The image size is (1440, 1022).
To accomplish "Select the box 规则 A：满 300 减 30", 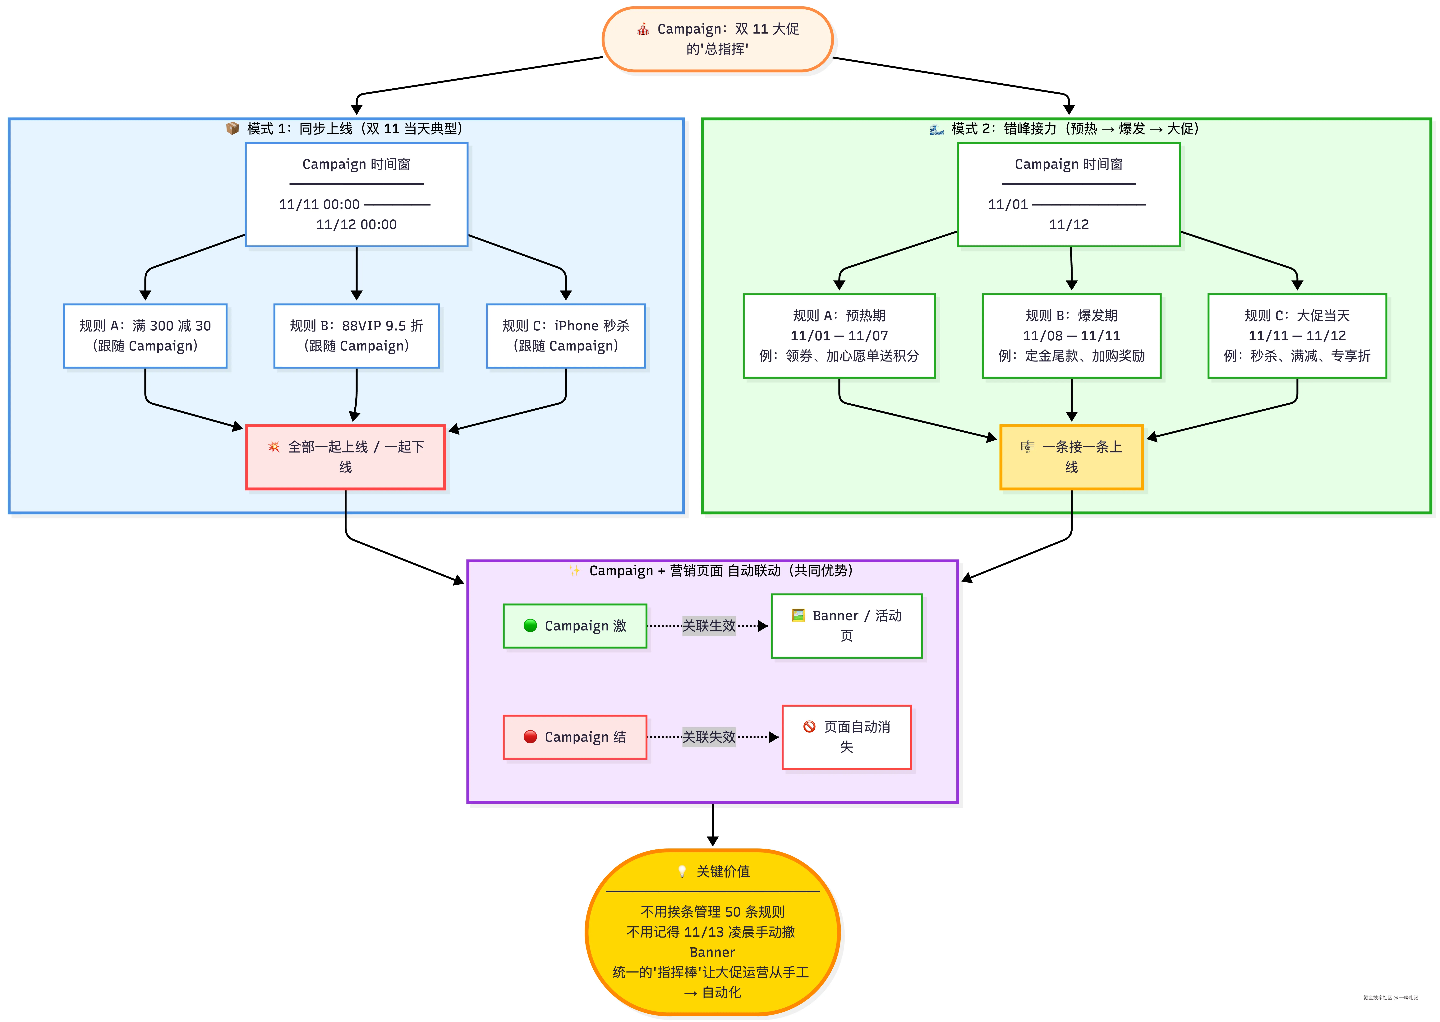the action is point(145,336).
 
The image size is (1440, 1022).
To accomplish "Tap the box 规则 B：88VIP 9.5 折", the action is point(357,336).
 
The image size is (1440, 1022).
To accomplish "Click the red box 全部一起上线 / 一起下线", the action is point(345,457).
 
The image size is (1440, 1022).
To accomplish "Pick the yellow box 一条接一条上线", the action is point(1071,457).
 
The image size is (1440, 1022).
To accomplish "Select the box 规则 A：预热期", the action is point(839,336).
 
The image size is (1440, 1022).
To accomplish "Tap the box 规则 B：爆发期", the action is point(1071,336).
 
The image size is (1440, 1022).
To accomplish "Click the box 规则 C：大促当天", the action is point(1297,336).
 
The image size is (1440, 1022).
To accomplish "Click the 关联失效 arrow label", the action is point(709,737).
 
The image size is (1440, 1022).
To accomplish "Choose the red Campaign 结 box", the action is point(575,737).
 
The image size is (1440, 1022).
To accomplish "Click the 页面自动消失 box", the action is point(847,737).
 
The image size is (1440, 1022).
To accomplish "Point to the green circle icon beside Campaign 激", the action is point(530,625).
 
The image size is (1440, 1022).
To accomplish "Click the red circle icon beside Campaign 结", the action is point(530,736).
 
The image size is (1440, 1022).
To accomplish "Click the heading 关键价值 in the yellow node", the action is point(723,872).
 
